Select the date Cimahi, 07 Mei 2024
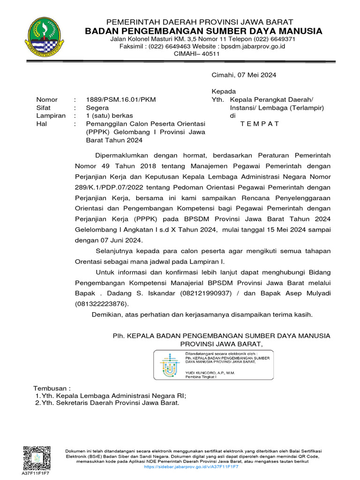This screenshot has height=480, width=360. [x=244, y=75]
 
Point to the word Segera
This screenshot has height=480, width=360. [x=97, y=107]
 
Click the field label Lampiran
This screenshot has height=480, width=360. [x=51, y=115]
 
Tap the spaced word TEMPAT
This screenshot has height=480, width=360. [x=260, y=124]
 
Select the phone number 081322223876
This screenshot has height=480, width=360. [x=100, y=304]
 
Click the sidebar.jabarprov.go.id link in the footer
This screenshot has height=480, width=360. [x=191, y=467]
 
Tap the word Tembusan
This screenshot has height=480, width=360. [x=52, y=389]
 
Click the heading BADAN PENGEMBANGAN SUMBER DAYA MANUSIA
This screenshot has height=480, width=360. [x=203, y=31]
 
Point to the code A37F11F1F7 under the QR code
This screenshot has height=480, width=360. [x=36, y=473]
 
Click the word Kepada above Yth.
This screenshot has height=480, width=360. [x=224, y=91]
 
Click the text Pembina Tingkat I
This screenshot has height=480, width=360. [x=201, y=377]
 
